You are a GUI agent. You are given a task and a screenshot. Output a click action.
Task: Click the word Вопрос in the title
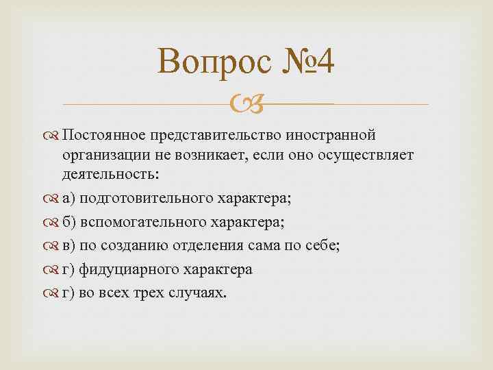(x=205, y=64)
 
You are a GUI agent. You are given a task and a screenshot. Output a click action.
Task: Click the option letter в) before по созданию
(x=68, y=246)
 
